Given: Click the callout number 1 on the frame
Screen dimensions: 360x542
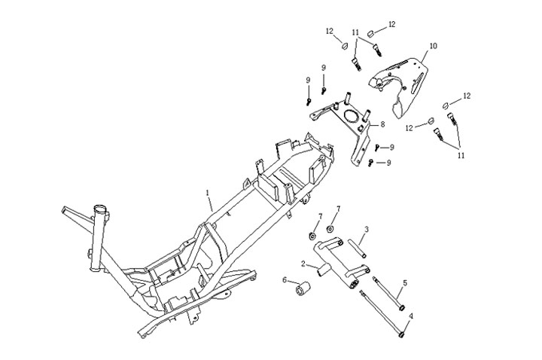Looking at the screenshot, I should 208,194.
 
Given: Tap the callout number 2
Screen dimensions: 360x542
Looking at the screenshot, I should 303,264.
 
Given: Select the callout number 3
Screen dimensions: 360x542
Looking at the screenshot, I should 366,229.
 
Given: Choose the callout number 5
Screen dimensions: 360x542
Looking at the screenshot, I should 405,282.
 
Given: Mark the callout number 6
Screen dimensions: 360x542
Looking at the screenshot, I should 285,279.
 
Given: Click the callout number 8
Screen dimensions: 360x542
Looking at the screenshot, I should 382,124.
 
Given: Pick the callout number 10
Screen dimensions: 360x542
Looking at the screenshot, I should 433,46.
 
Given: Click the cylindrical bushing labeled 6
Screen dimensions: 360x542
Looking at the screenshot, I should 306,288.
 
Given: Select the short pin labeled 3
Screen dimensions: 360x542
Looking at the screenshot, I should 356,248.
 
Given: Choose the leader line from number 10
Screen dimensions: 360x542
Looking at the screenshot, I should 422,54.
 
